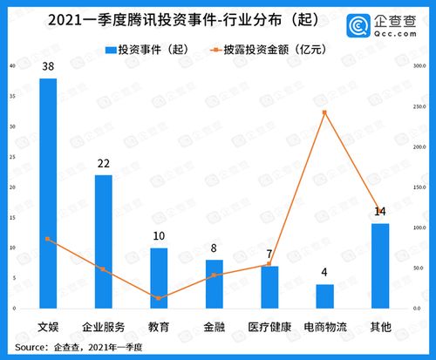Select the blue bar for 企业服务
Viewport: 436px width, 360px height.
pyautogui.click(x=103, y=241)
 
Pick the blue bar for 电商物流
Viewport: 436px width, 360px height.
pyautogui.click(x=324, y=296)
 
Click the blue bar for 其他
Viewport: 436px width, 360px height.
pyautogui.click(x=379, y=266)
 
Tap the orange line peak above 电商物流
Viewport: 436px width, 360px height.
pyautogui.click(x=324, y=112)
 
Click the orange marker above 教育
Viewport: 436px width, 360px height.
pyautogui.click(x=159, y=298)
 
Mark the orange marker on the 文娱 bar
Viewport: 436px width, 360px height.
pyautogui.click(x=48, y=239)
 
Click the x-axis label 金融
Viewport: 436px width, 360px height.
pyautogui.click(x=214, y=327)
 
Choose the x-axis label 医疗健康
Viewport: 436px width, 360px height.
pyautogui.click(x=269, y=327)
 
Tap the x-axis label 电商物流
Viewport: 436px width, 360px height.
pyautogui.click(x=324, y=327)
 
